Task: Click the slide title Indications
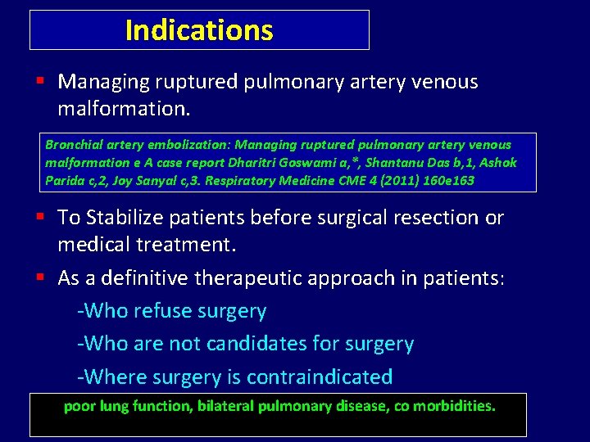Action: pos(199,30)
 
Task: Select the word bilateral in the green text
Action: pos(223,405)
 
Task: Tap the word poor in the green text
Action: pos(79,405)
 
